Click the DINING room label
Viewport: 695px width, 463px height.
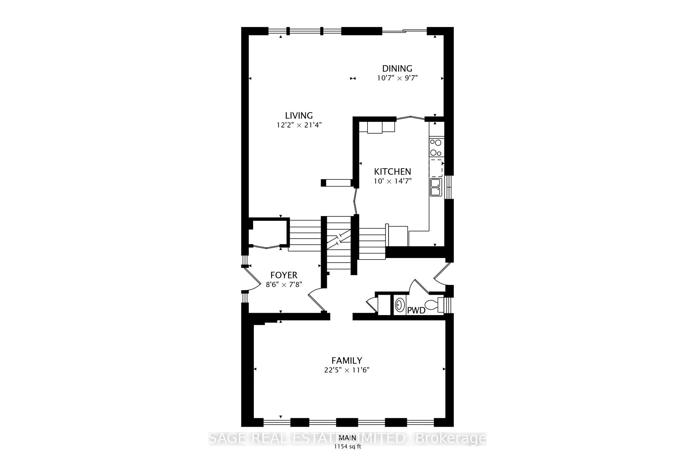(397, 69)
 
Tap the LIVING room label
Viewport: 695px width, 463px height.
(299, 116)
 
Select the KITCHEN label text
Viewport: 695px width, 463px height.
(392, 172)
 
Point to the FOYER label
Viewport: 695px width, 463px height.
(284, 275)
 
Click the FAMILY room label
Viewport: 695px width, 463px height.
(346, 360)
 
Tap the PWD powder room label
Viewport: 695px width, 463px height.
(416, 310)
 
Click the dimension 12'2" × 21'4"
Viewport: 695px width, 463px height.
(299, 125)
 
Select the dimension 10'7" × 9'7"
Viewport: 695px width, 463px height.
(397, 78)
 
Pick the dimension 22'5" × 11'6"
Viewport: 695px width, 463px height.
(346, 370)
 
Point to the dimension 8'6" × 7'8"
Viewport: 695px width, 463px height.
(284, 285)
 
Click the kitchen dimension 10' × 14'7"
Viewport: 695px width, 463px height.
(392, 181)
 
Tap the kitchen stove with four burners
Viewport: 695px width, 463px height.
(436, 147)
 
